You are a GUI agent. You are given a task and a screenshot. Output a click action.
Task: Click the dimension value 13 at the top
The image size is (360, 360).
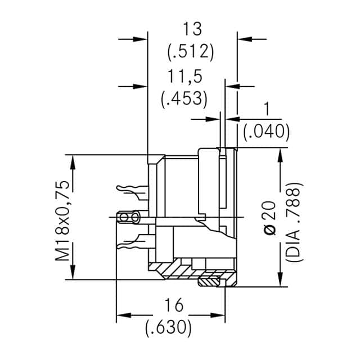pos(192,28)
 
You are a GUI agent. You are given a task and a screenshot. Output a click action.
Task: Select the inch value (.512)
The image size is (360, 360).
pos(191,52)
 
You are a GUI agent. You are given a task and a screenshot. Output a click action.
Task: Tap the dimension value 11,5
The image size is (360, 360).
pos(184,76)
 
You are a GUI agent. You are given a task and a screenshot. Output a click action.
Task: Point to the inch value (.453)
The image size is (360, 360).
pos(184,99)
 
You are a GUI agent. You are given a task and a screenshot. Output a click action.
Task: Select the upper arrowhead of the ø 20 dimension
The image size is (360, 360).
pos(280,156)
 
